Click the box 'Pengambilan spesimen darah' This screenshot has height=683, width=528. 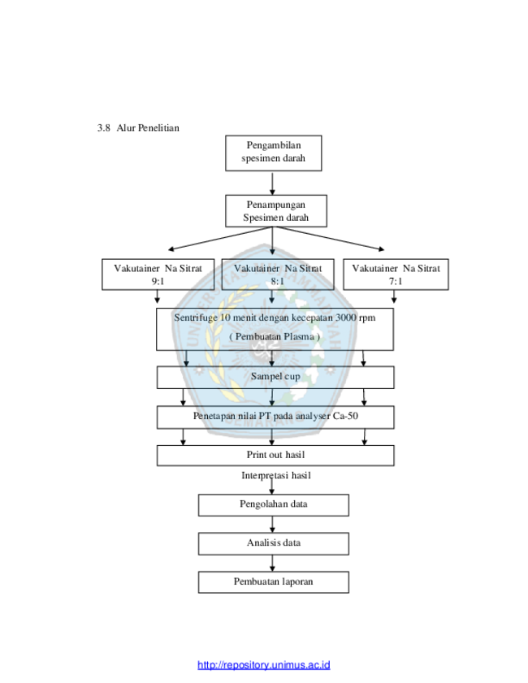click(x=273, y=153)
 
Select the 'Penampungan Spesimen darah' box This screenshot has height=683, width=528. click(x=275, y=211)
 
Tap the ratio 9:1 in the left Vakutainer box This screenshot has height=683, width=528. click(x=158, y=281)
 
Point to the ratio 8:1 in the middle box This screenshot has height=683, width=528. click(x=278, y=281)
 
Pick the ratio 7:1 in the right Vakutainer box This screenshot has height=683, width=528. click(x=396, y=281)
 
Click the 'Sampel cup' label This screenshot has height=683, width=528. click(x=275, y=376)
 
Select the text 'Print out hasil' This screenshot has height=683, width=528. click(x=275, y=455)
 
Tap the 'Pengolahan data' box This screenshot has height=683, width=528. click(x=274, y=505)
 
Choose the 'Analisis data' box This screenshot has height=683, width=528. click(x=274, y=543)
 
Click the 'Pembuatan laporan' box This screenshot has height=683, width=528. click(x=274, y=582)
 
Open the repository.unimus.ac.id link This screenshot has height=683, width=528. click(x=263, y=665)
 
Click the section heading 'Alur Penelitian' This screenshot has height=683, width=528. click(x=148, y=128)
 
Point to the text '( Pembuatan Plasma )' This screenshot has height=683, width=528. click(x=275, y=337)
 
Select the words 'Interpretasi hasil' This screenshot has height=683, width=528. click(x=276, y=475)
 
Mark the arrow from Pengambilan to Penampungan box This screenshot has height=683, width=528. click(x=272, y=183)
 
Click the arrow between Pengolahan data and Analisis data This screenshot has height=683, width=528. click(x=272, y=525)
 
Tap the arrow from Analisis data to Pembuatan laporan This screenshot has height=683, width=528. click(x=272, y=564)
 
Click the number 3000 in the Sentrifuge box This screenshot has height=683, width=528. click(x=346, y=318)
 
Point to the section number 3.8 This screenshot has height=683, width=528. click(x=104, y=128)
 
